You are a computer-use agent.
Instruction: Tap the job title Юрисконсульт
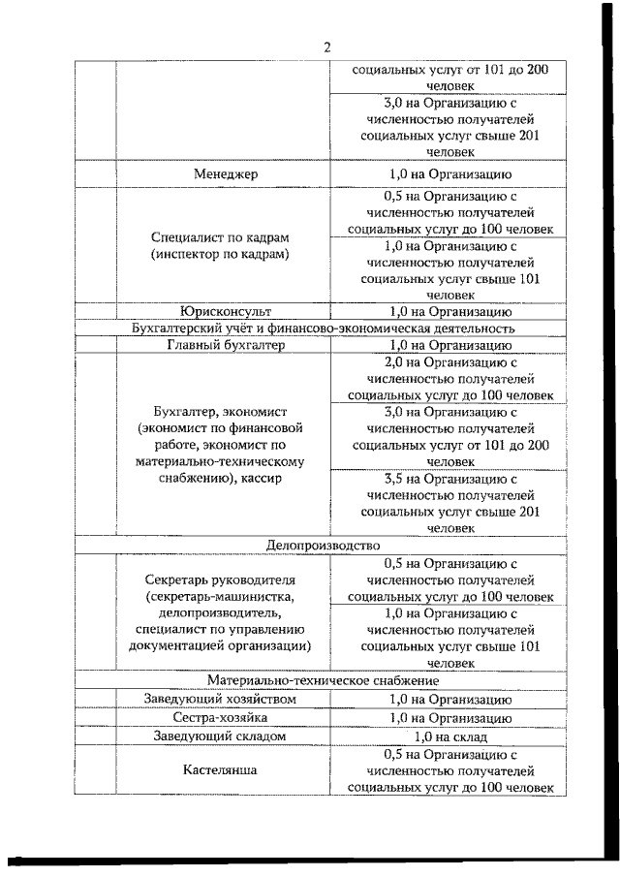tap(224, 312)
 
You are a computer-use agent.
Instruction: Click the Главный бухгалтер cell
tap(224, 345)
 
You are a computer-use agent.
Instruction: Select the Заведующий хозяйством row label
tap(224, 699)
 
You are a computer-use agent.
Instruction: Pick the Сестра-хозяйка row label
tap(224, 717)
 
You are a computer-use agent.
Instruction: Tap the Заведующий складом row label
tap(224, 736)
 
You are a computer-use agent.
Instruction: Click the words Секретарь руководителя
tap(224, 579)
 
